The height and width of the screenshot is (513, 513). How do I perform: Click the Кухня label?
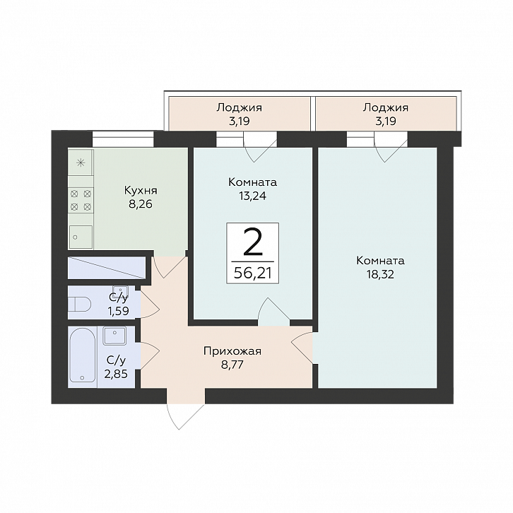(141, 190)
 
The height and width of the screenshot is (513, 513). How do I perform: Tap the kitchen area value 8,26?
(141, 204)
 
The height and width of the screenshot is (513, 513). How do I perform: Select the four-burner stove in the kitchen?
(81, 200)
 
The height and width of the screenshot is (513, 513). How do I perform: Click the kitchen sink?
(81, 237)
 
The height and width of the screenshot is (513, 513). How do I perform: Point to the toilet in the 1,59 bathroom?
(79, 305)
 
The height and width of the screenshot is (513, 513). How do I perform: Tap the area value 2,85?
(116, 374)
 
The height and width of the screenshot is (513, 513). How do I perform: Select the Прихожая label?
(232, 351)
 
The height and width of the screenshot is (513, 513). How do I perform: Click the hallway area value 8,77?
(232, 365)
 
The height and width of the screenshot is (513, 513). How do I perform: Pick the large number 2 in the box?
(253, 242)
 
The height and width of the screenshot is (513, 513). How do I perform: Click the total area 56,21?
(253, 273)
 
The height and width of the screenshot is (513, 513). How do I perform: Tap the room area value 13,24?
(252, 196)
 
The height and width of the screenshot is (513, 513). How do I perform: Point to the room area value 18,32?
(380, 274)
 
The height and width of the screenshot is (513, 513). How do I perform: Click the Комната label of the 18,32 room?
(380, 261)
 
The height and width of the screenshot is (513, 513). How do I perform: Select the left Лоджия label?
(239, 107)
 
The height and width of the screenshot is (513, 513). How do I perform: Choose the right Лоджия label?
(385, 107)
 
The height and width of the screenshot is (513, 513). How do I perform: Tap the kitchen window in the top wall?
(123, 139)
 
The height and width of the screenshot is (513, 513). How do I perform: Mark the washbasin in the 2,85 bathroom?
(115, 336)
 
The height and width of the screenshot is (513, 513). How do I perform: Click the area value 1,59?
(119, 311)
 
